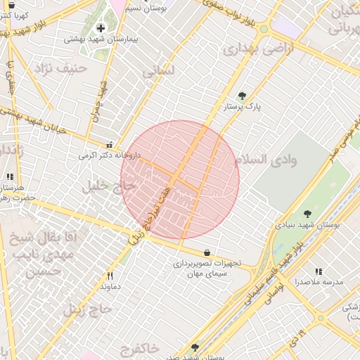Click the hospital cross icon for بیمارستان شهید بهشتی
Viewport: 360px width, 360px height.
[x=101, y=28]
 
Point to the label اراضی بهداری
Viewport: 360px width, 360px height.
[x=251, y=49]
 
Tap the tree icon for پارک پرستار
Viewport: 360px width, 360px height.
[x=242, y=96]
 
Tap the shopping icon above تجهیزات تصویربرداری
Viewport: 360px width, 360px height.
[x=207, y=252]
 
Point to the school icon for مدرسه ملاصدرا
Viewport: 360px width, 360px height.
[x=318, y=271]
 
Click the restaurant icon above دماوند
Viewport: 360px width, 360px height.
[x=110, y=276]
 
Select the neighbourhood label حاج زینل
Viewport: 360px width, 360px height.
[x=88, y=308]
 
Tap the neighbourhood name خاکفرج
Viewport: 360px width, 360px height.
[x=141, y=349]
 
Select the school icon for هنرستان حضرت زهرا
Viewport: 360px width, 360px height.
[x=9, y=177]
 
